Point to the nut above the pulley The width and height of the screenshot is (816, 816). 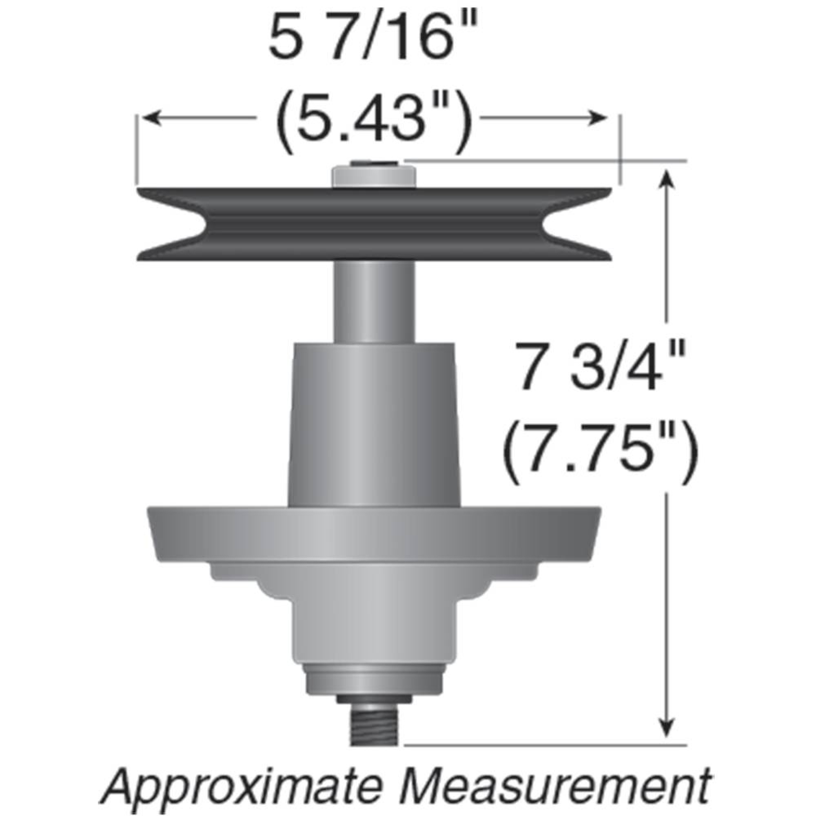(x=374, y=177)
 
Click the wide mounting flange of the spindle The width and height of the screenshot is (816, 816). (x=374, y=534)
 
